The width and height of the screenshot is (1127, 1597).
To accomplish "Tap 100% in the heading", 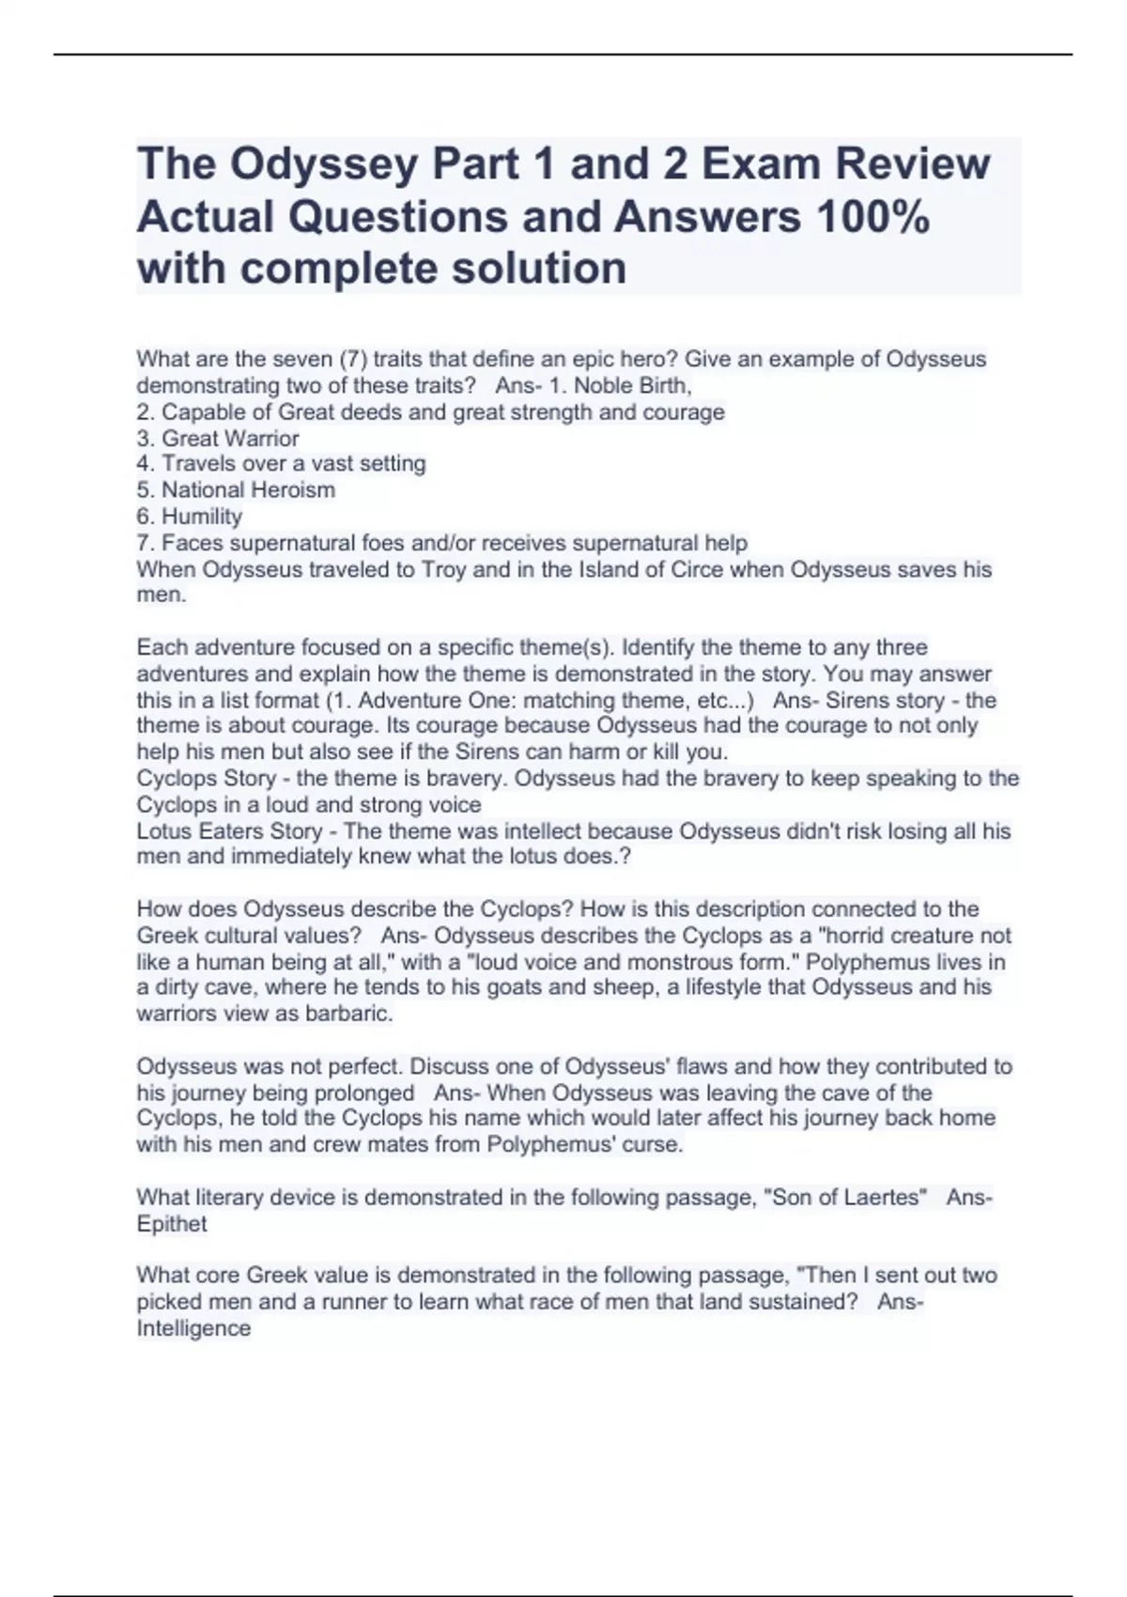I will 872,218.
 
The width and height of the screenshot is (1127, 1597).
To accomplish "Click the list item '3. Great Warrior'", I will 218,438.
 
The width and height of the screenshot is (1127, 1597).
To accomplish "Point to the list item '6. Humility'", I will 190,517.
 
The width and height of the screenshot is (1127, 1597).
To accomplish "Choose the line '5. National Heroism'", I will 236,489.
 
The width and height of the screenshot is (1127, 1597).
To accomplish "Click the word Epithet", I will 172,1224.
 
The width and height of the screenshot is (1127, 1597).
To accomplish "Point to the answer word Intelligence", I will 193,1328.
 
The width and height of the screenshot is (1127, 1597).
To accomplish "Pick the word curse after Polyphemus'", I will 653,1144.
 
